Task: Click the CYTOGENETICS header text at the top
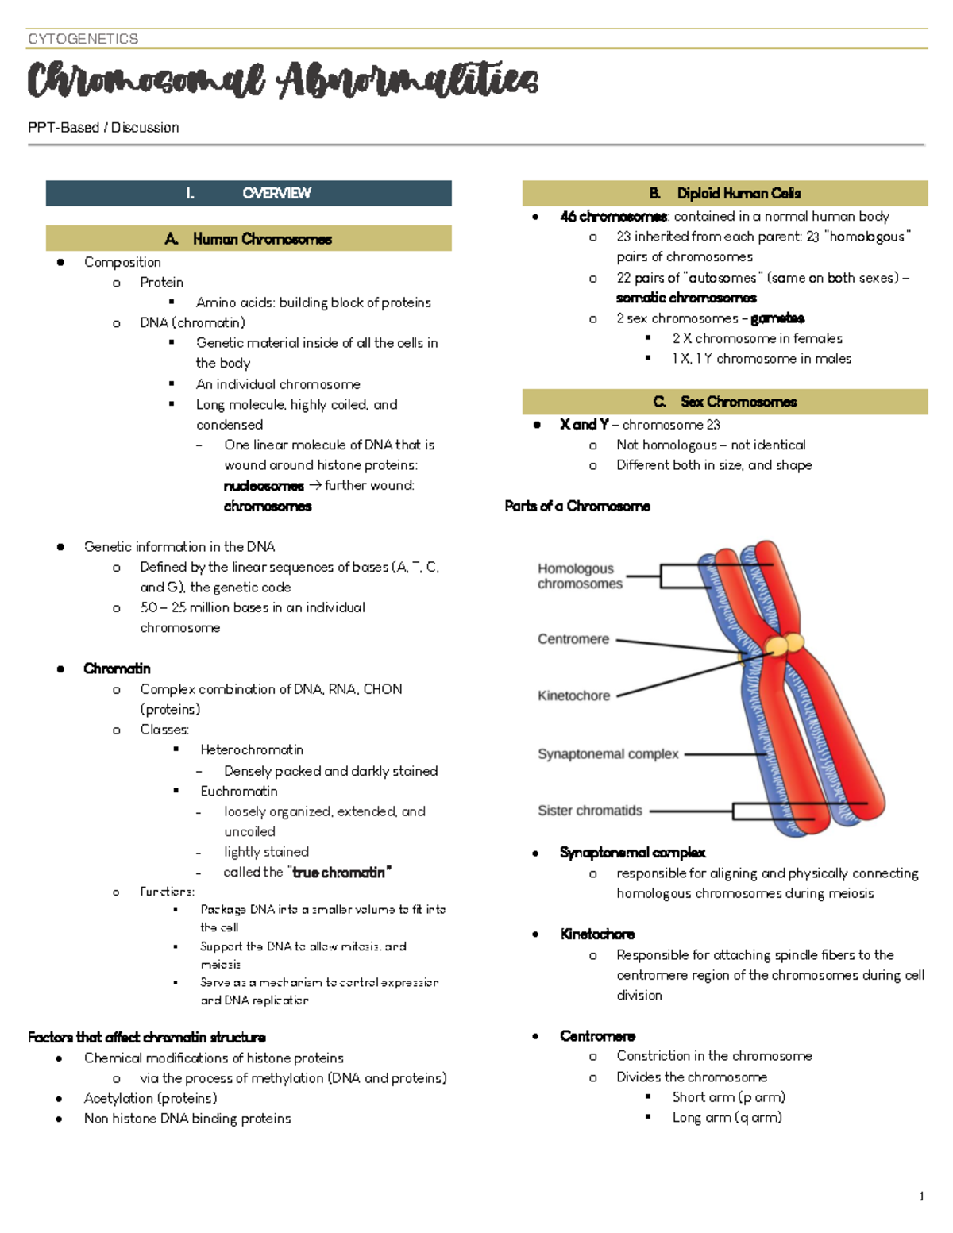(83, 39)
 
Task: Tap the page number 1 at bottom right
(921, 1196)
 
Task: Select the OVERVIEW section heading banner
(249, 193)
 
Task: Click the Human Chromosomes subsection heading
(249, 239)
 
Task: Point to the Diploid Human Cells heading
(724, 193)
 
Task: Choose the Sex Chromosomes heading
(724, 402)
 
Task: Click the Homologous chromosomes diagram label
(579, 576)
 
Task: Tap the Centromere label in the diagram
(573, 639)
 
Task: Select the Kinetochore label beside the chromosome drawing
(573, 695)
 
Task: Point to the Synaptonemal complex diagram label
(608, 753)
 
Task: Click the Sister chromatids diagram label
(589, 811)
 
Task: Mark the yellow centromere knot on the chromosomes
(784, 644)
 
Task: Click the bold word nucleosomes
(264, 486)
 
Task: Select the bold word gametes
(777, 318)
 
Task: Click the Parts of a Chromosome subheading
(577, 506)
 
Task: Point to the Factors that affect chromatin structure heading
(147, 1037)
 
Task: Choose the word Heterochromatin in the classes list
(252, 749)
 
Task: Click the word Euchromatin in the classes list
(239, 791)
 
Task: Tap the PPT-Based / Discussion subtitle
(103, 127)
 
